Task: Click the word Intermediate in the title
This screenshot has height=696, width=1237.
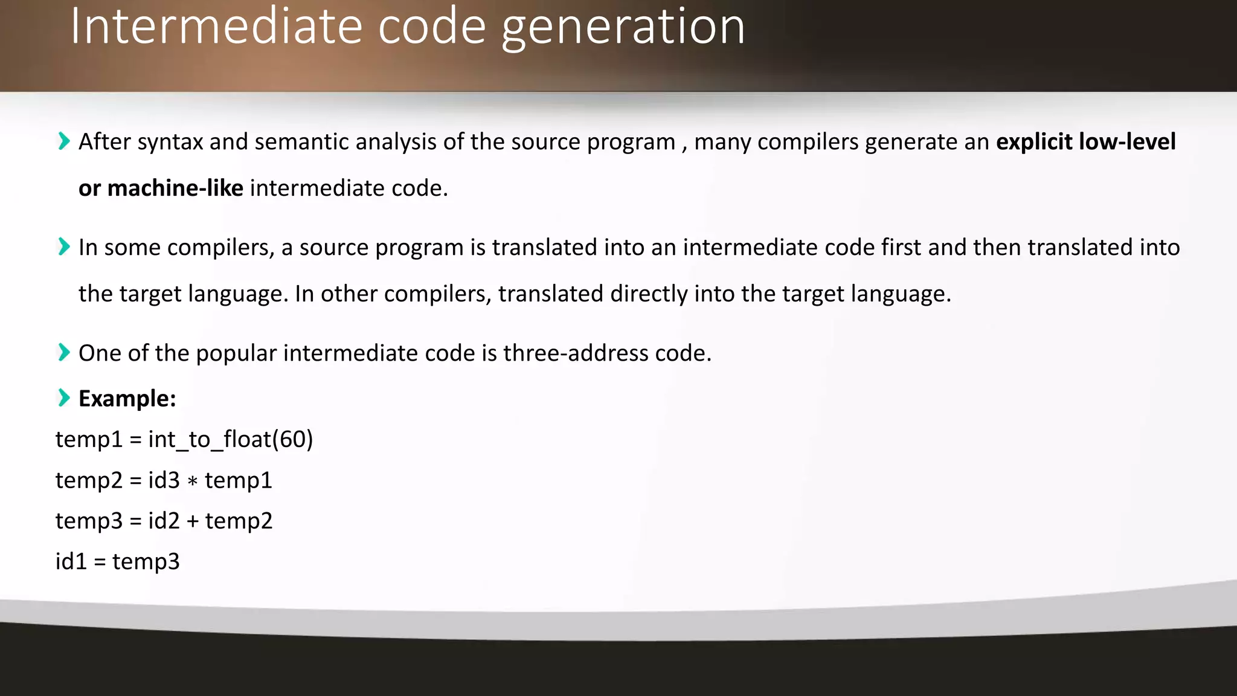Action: pos(216,27)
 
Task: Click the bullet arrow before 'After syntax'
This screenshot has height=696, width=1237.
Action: pos(63,141)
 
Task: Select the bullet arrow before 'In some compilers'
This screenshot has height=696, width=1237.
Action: pos(63,247)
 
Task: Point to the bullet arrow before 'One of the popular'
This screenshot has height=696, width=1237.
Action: pos(63,352)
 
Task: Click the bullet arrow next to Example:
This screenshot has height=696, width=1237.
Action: pos(63,398)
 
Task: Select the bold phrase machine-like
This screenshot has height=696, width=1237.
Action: pos(175,188)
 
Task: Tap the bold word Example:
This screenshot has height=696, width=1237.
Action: pos(127,399)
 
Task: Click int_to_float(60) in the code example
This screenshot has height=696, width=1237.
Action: pos(231,439)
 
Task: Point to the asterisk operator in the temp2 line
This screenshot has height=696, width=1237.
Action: pos(193,482)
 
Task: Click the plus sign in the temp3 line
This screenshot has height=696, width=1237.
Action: pos(193,521)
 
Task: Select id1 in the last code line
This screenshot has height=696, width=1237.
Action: pos(71,561)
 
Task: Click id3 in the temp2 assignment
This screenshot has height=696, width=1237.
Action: pos(164,480)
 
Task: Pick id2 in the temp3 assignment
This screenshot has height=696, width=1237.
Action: pos(164,521)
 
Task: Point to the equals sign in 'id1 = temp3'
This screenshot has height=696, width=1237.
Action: pos(100,562)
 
